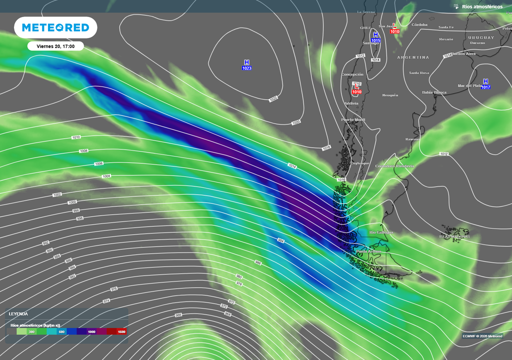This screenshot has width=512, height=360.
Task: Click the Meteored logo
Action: click(x=55, y=27)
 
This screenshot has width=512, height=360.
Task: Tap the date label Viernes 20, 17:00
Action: click(x=55, y=46)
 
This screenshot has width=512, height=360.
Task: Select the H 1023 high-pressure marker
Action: click(x=246, y=64)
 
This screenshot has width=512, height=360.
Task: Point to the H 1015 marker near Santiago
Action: click(x=375, y=37)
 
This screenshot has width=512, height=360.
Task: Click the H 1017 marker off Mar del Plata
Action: click(x=485, y=84)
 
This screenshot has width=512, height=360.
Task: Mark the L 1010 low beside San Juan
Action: click(x=394, y=28)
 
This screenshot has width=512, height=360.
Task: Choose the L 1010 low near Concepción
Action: click(x=356, y=89)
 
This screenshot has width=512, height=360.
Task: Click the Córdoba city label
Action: click(x=419, y=24)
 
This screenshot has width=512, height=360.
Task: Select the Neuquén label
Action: click(x=390, y=95)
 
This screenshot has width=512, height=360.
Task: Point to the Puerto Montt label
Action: click(x=353, y=120)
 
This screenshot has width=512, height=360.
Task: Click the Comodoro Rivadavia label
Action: click(x=395, y=166)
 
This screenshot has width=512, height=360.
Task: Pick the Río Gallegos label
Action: click(x=381, y=232)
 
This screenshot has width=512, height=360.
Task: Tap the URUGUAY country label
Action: click(x=481, y=37)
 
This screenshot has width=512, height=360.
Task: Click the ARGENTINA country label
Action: click(x=413, y=57)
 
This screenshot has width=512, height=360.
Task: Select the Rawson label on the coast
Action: click(x=413, y=139)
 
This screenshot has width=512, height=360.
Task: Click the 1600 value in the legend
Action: click(x=121, y=331)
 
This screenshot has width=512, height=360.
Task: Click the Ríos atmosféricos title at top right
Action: click(x=482, y=6)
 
